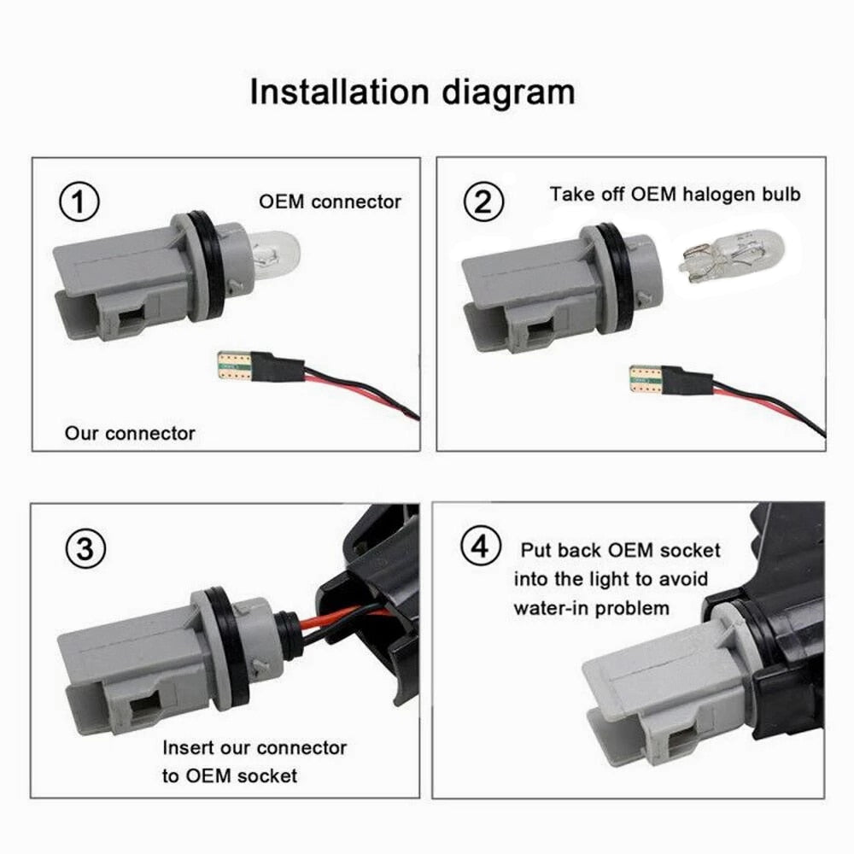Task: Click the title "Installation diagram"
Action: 412,92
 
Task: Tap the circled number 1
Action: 79,203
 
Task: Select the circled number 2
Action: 483,203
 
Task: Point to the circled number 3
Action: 85,549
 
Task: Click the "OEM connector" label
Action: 330,202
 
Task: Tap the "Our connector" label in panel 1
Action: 130,433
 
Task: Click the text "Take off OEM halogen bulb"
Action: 675,194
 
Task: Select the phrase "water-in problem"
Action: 592,608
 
